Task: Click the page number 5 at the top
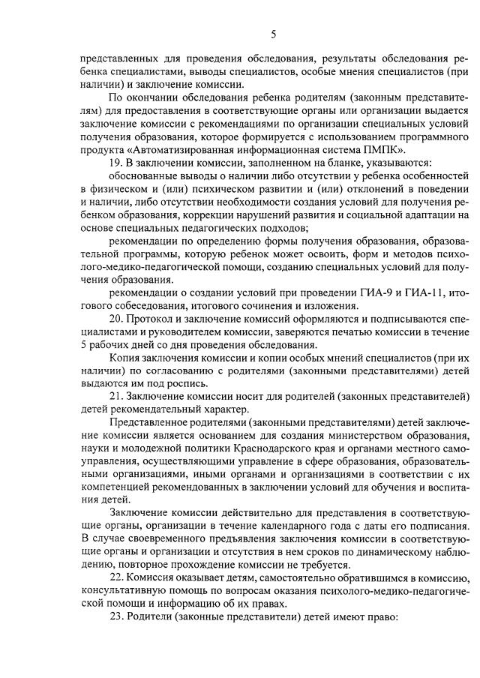pyautogui.click(x=274, y=34)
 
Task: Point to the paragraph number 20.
pyautogui.click(x=115, y=318)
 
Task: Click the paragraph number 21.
pyautogui.click(x=115, y=396)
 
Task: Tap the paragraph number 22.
pyautogui.click(x=115, y=578)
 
